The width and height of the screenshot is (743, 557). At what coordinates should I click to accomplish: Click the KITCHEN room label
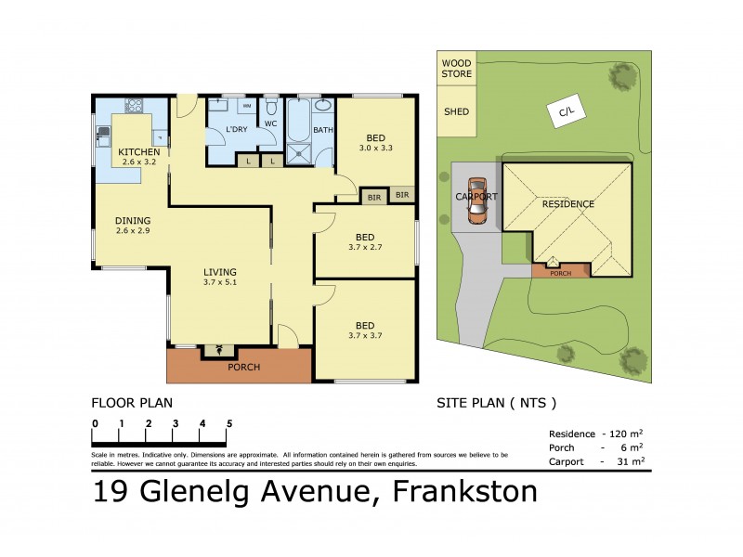pos(138,152)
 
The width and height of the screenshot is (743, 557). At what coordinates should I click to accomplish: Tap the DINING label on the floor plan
pos(132,221)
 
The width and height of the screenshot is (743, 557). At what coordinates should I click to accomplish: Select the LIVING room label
pos(220,272)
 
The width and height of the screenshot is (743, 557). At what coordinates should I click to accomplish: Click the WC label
pos(270,123)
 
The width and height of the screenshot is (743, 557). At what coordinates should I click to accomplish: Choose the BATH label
pos(322,131)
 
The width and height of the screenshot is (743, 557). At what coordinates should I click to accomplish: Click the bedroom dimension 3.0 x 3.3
pos(376,147)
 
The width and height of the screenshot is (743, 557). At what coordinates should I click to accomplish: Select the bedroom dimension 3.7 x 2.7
pos(364,248)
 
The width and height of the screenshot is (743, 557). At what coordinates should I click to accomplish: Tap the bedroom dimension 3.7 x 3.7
pos(364,335)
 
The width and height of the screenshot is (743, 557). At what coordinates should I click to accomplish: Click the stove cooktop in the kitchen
pos(133,104)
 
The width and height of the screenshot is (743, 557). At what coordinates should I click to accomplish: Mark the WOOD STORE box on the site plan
pos(456,68)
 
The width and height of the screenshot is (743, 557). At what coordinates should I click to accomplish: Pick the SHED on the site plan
pos(456,111)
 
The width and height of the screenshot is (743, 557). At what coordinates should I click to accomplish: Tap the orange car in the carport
pos(476,200)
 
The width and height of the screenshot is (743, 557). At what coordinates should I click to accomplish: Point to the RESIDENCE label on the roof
pos(567,204)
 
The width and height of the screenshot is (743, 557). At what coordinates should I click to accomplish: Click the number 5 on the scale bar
pos(229,423)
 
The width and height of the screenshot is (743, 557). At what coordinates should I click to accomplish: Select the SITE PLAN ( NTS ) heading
pos(496,403)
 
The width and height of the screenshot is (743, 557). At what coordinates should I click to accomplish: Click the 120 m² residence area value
pos(623,434)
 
